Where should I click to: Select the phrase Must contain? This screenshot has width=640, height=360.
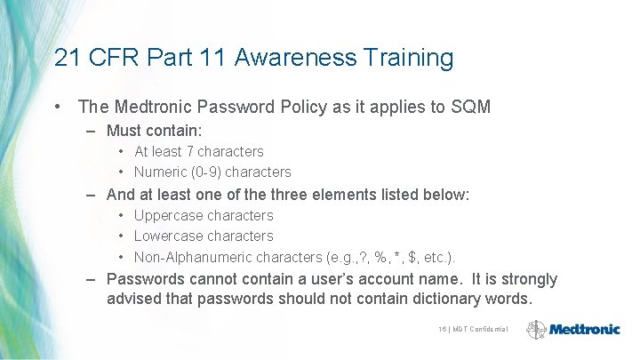[x=154, y=131]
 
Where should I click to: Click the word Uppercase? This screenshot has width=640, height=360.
[x=169, y=216]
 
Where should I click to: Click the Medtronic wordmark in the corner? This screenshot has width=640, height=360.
[x=584, y=329]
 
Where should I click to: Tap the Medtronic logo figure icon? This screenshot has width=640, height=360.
[x=536, y=330]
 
